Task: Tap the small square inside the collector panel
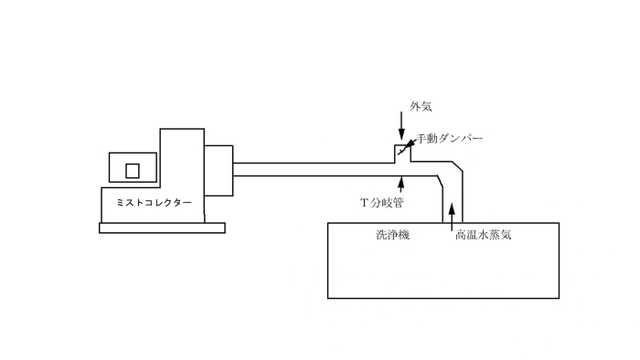pos(133,170)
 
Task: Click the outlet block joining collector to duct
pos(219,170)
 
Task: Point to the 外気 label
pos(421,107)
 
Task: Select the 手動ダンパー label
pos(450,139)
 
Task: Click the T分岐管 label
pos(383,201)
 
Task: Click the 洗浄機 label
pos(392,235)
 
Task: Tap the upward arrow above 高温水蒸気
pos(452,217)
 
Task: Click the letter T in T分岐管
pos(364,201)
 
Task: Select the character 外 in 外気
pos(415,107)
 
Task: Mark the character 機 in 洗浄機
pos(403,235)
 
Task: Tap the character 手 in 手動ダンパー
pos(422,139)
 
